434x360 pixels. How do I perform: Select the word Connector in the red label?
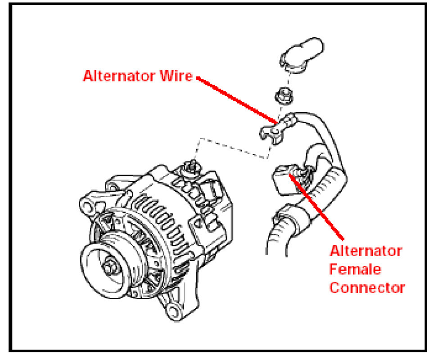pos(367,288)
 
